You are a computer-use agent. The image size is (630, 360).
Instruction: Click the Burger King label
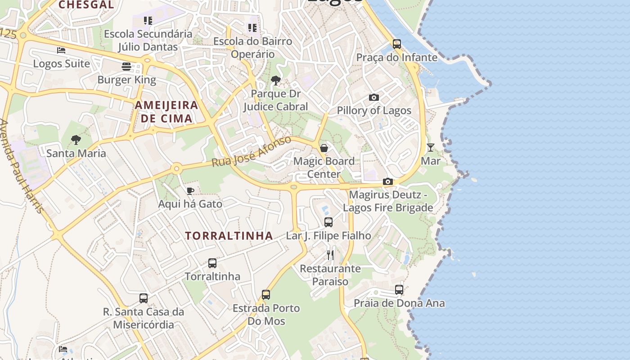pos(127,80)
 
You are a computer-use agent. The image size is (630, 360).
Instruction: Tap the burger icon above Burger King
pos(126,67)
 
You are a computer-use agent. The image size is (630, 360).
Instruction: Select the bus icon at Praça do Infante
pos(396,44)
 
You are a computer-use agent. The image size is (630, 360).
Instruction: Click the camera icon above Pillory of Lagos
pos(373,97)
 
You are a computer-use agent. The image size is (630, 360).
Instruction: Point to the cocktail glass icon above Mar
pos(431,147)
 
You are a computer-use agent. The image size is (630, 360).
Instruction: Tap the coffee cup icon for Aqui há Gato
pos(190,191)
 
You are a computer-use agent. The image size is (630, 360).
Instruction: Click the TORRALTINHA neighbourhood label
pos(229,236)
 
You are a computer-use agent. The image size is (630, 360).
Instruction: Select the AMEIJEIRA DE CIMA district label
pos(166,112)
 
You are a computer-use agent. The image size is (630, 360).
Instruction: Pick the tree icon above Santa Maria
pos(76,140)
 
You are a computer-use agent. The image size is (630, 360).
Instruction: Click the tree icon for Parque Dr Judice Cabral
pos(275,81)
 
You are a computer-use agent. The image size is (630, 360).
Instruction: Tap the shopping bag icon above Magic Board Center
pos(324,148)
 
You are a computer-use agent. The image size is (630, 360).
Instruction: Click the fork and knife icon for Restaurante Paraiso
pos(331,255)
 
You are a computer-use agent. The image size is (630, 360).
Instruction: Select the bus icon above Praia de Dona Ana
pos(399,290)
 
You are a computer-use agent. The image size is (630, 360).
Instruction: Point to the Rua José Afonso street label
pos(252,152)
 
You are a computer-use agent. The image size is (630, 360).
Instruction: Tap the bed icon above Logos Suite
pos(61,50)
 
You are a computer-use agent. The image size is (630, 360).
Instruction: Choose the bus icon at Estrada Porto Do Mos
pos(266,295)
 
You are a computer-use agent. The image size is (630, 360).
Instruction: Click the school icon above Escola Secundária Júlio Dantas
pos(148,20)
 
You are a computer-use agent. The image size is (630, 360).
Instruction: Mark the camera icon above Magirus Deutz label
pos(387,181)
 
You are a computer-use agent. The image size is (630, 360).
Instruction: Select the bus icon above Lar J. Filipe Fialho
pos(328,222)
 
